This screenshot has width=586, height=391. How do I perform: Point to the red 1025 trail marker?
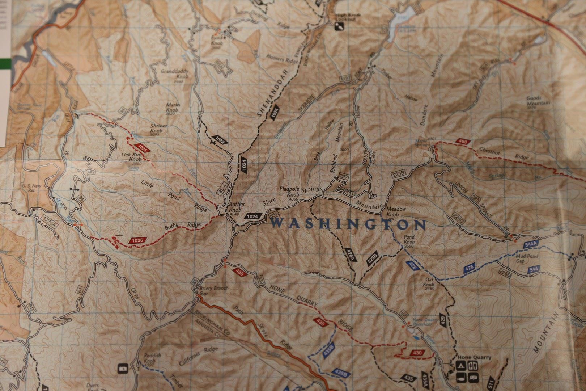(x=142, y=148)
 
